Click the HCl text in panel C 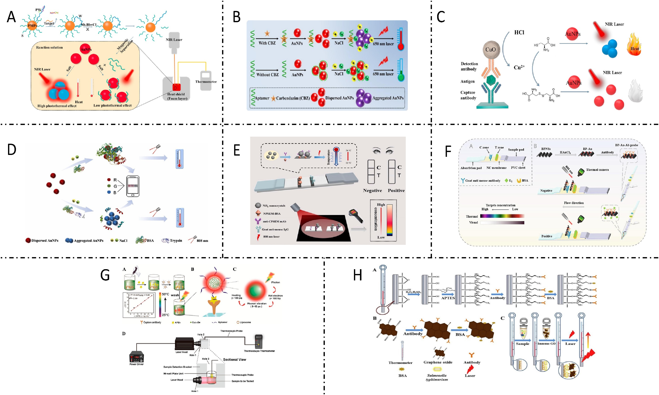(519, 32)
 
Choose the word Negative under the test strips (372, 191)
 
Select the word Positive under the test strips (396, 191)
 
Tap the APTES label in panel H (448, 298)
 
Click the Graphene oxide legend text (438, 362)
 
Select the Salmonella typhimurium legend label (437, 377)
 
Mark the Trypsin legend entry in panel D (176, 241)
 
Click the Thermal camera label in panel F (597, 170)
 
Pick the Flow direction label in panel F (574, 203)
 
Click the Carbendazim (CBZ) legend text (293, 98)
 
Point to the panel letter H (357, 275)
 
